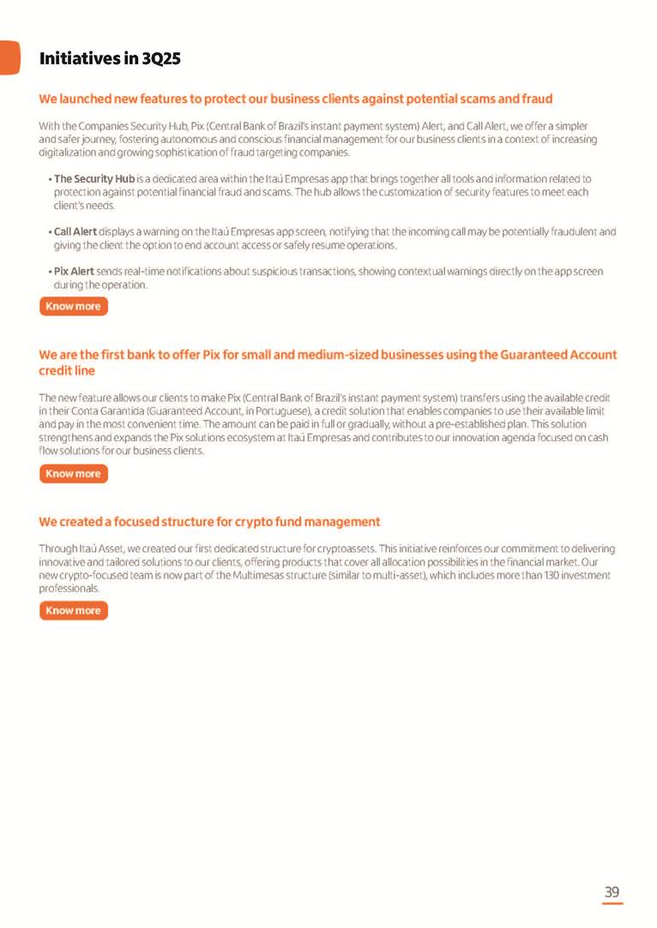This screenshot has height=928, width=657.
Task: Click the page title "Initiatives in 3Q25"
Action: [x=110, y=59]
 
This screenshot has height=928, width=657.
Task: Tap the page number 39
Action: [x=612, y=892]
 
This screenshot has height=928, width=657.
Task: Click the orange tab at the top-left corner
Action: [x=9, y=57]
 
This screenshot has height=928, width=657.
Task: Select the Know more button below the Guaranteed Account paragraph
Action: [x=74, y=474]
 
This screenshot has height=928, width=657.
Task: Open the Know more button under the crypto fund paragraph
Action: [x=74, y=611]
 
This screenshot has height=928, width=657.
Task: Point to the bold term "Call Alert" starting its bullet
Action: [x=75, y=231]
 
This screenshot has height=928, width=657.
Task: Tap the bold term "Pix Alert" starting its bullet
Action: [x=74, y=271]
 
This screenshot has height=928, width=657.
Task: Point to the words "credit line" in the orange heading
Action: [x=67, y=370]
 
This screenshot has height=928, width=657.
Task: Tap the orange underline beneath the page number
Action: [x=612, y=903]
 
